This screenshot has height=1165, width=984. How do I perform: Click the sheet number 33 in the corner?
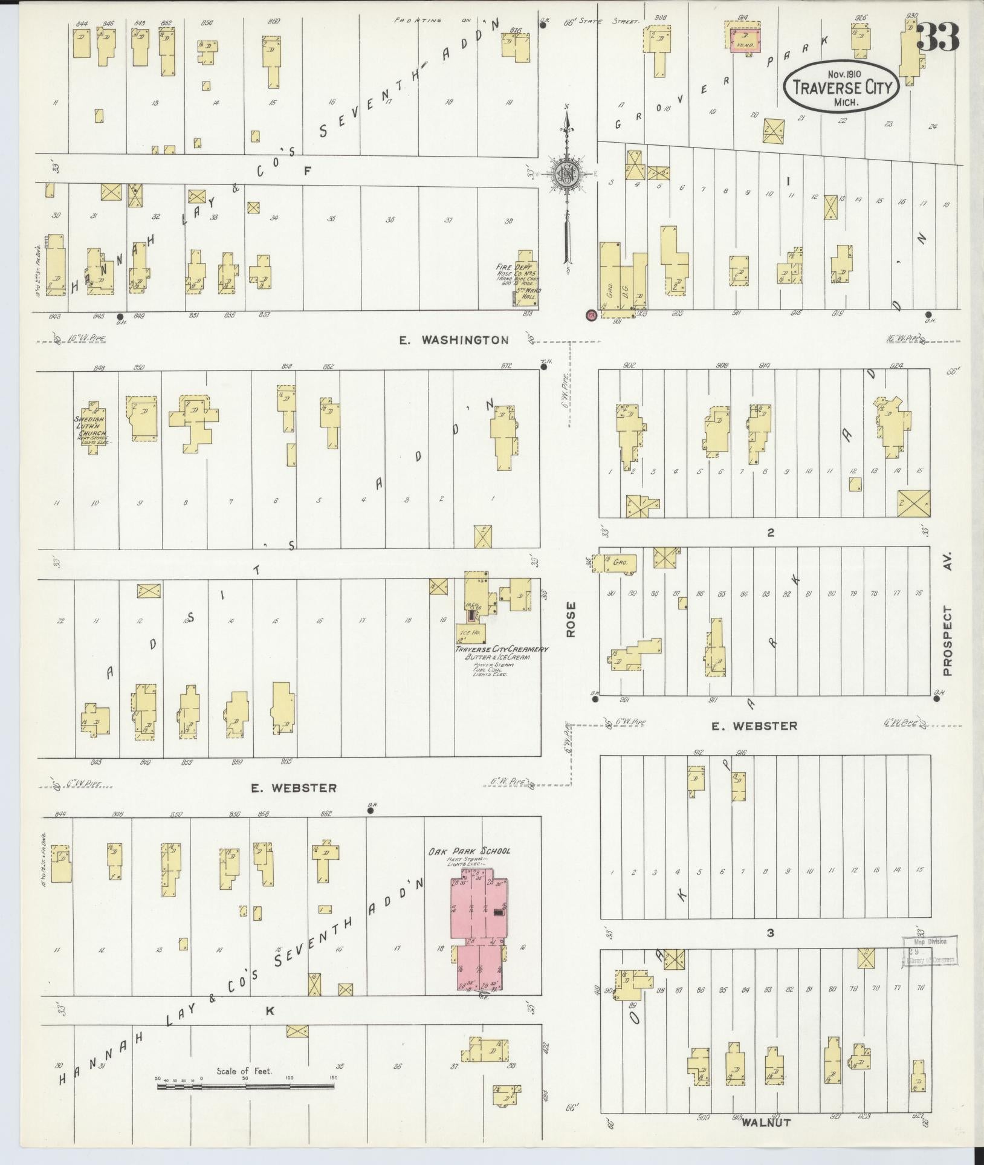(x=937, y=37)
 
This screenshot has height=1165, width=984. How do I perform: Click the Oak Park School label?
(x=469, y=851)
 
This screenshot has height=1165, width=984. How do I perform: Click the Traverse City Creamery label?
(x=501, y=649)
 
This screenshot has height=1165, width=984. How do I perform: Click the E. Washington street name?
(x=453, y=340)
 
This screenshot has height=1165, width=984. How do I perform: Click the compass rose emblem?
(x=567, y=174)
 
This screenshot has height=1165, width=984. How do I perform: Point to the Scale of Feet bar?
(x=245, y=1086)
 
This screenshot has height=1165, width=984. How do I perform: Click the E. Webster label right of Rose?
(x=763, y=725)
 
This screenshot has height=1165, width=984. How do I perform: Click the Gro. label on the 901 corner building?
(x=609, y=288)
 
